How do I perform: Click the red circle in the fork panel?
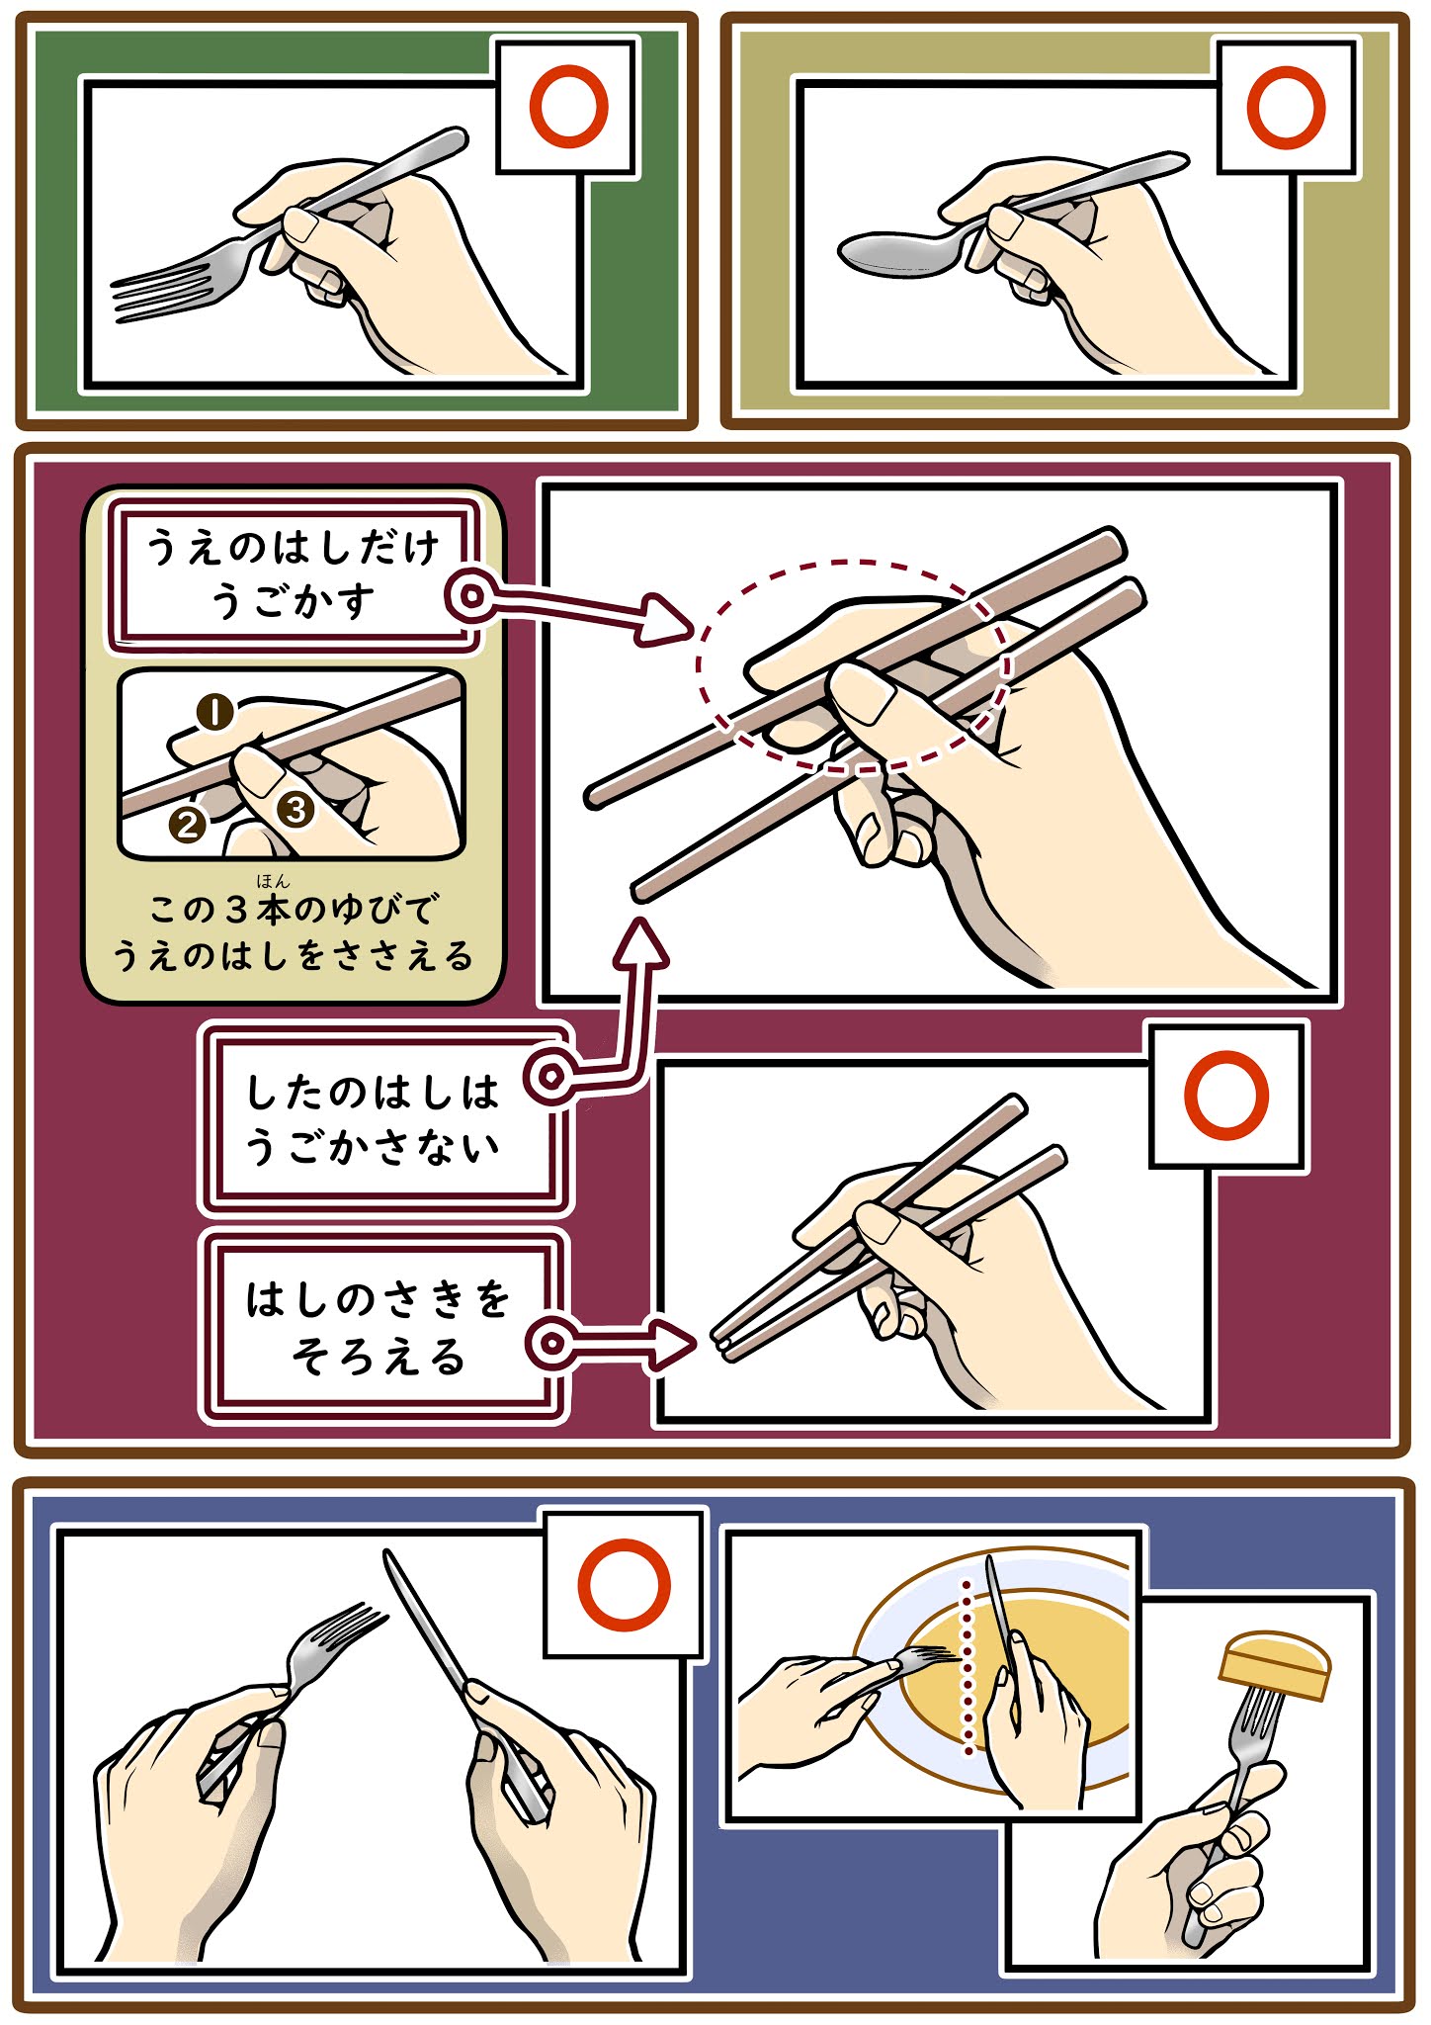point(568,107)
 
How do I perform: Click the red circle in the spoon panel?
point(1285,107)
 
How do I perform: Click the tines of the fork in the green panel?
point(163,289)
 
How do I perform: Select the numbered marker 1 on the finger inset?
point(215,712)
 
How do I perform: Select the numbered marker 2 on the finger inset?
point(188,824)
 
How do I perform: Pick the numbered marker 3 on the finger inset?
point(295,810)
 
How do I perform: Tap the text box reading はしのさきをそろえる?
point(379,1327)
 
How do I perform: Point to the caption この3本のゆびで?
point(294,908)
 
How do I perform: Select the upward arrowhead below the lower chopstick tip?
point(640,942)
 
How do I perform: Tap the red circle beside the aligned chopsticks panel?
point(1225,1096)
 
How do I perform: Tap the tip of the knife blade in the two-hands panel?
point(388,1555)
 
